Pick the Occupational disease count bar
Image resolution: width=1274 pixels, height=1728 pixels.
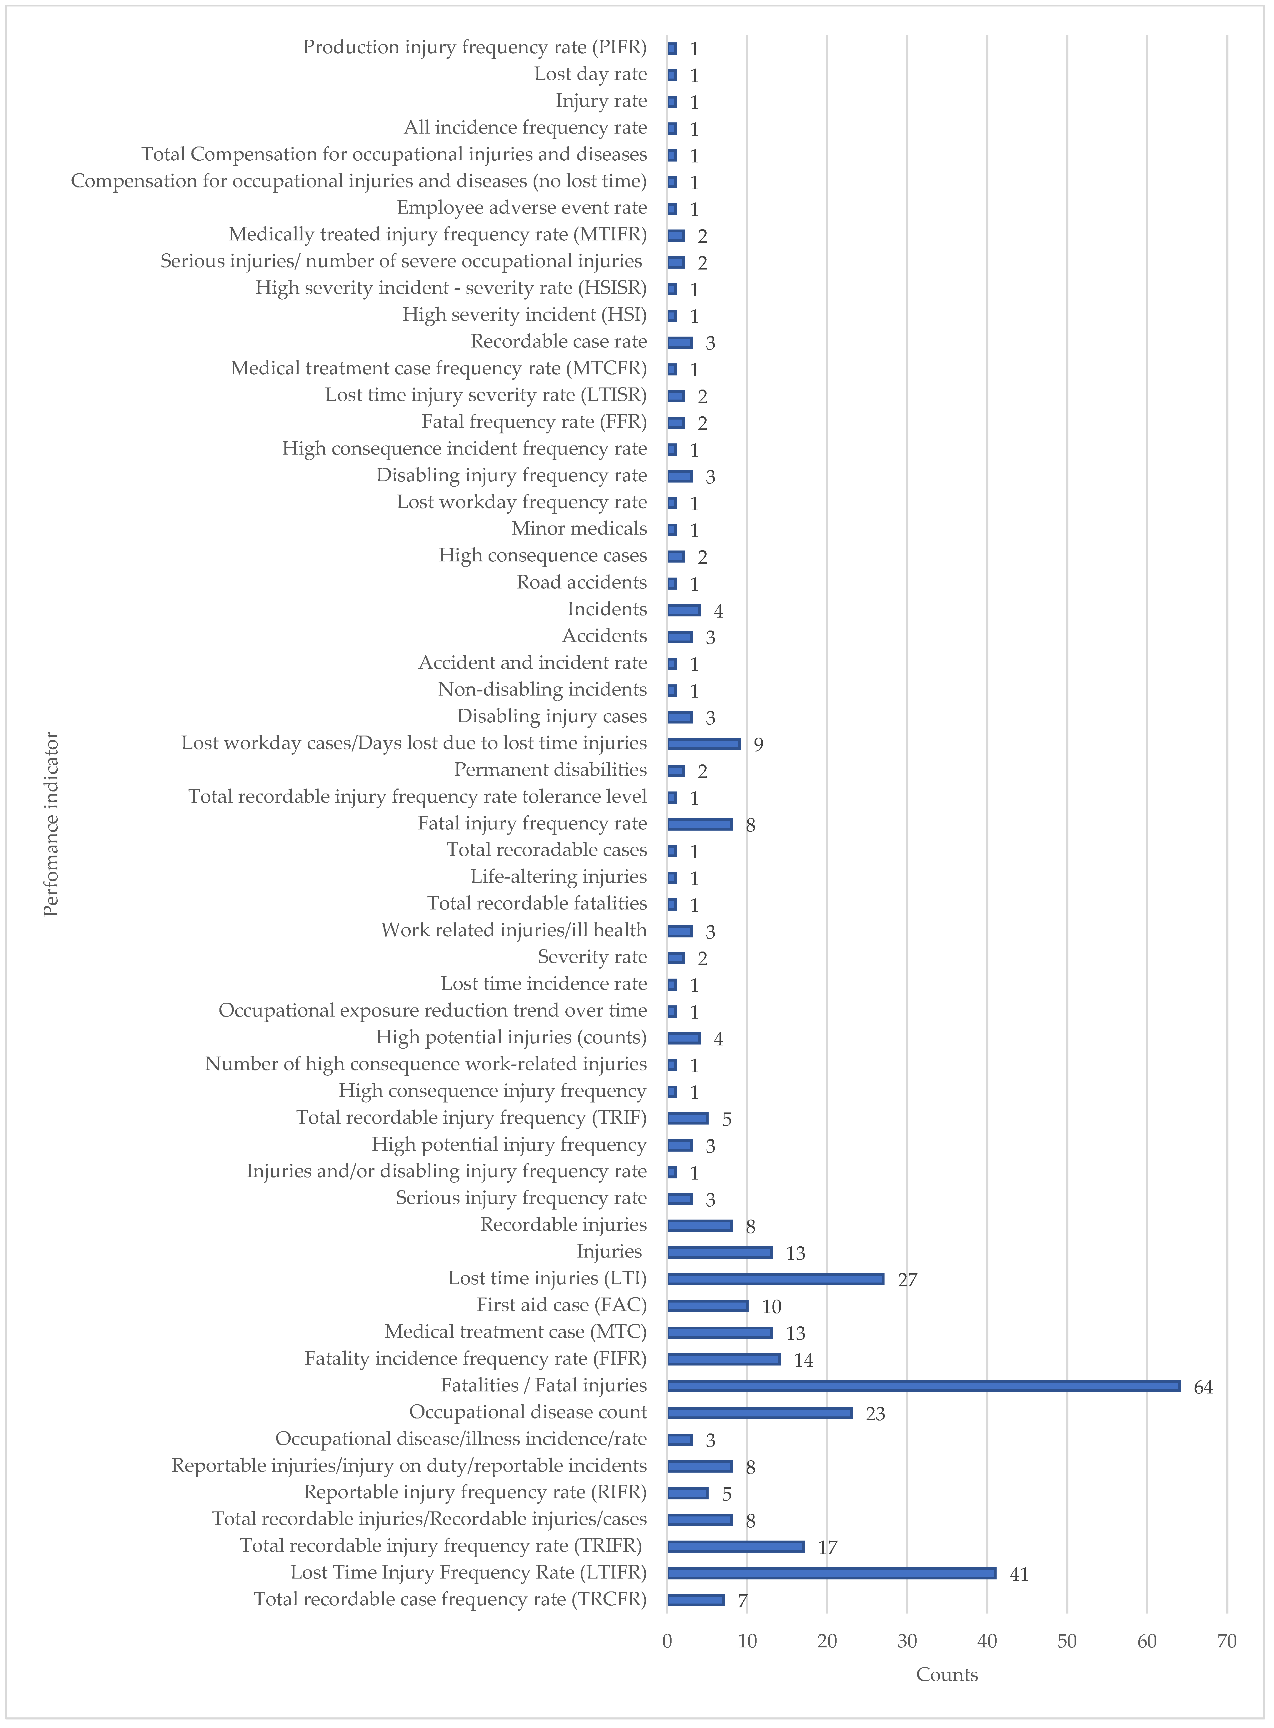760,1413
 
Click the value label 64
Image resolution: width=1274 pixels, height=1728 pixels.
1203,1388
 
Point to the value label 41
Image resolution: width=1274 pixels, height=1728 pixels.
1019,1574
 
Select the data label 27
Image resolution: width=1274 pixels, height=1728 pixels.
907,1280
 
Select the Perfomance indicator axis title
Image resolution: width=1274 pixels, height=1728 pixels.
51,824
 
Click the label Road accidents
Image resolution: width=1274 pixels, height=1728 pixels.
582,583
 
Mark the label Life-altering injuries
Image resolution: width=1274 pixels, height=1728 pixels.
558,877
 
